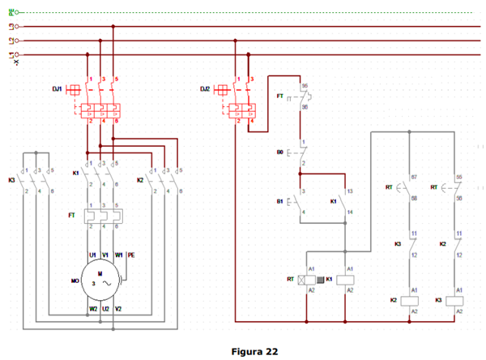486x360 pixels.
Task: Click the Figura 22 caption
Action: [x=254, y=352]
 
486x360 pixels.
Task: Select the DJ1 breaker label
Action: [x=58, y=87]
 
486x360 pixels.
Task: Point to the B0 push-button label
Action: [x=280, y=152]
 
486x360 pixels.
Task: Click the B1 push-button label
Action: [x=280, y=200]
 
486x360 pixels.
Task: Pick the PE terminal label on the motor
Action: [x=131, y=255]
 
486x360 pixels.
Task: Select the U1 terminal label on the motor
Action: [x=93, y=255]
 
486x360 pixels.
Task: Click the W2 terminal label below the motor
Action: [x=93, y=309]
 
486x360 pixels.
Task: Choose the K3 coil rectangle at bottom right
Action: [x=458, y=301]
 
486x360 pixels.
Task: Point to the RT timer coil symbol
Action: [x=308, y=279]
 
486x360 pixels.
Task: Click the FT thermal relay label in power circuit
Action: [x=72, y=216]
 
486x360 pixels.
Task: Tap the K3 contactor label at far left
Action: [x=11, y=180]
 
